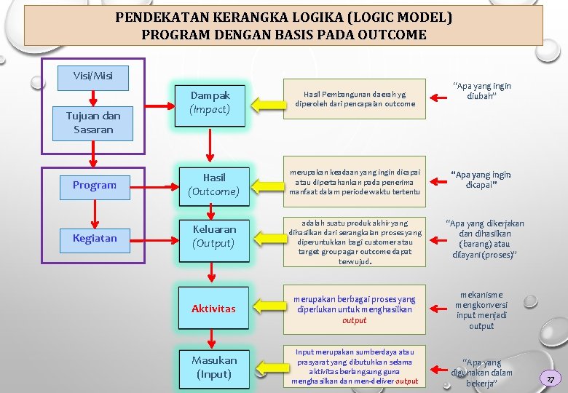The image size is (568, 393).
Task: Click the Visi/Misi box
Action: (x=93, y=76)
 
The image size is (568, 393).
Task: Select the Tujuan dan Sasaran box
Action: (x=93, y=123)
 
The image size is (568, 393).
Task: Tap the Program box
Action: (x=94, y=185)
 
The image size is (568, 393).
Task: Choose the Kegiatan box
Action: (x=94, y=238)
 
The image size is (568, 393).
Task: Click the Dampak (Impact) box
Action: (x=210, y=103)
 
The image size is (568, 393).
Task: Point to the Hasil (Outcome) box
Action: (x=213, y=184)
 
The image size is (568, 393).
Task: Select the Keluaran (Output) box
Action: (x=213, y=236)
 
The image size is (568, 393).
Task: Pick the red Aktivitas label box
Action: (x=213, y=309)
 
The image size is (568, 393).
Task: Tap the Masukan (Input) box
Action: (x=213, y=368)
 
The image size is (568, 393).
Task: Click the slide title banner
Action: (x=283, y=25)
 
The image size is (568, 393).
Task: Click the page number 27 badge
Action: (x=551, y=378)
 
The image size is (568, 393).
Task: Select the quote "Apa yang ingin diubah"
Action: (x=481, y=91)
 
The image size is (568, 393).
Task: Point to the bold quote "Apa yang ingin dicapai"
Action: (x=481, y=180)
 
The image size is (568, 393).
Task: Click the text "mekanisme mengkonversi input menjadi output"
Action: (x=481, y=311)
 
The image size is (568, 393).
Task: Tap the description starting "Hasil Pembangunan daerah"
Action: (x=355, y=99)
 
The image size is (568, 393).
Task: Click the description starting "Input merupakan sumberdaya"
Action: (x=355, y=367)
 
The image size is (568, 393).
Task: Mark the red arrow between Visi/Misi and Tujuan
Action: (x=93, y=98)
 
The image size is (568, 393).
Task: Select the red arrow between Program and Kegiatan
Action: (x=94, y=211)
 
